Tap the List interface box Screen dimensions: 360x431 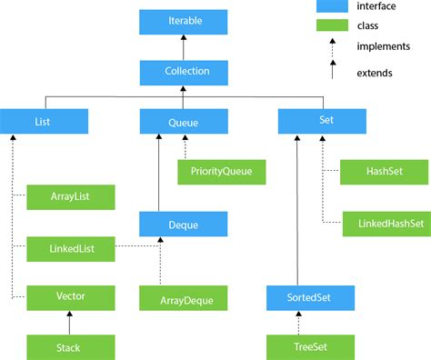pyautogui.click(x=44, y=120)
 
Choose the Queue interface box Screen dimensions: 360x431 pyautogui.click(x=182, y=120)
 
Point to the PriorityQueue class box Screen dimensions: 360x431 pyautogui.click(x=221, y=170)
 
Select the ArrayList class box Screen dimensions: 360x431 pyautogui.click(x=71, y=196)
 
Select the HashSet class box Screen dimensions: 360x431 pyautogui.click(x=386, y=170)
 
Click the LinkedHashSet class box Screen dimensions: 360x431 pyautogui.click(x=386, y=222)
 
